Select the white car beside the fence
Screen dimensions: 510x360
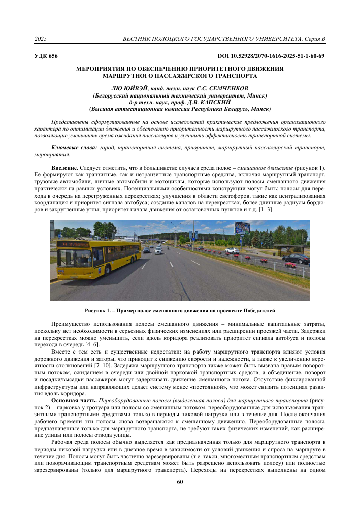(x=232, y=250)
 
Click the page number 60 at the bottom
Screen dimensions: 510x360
(x=180, y=496)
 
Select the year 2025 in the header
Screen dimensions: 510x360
(x=41, y=39)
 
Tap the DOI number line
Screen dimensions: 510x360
(x=271, y=56)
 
